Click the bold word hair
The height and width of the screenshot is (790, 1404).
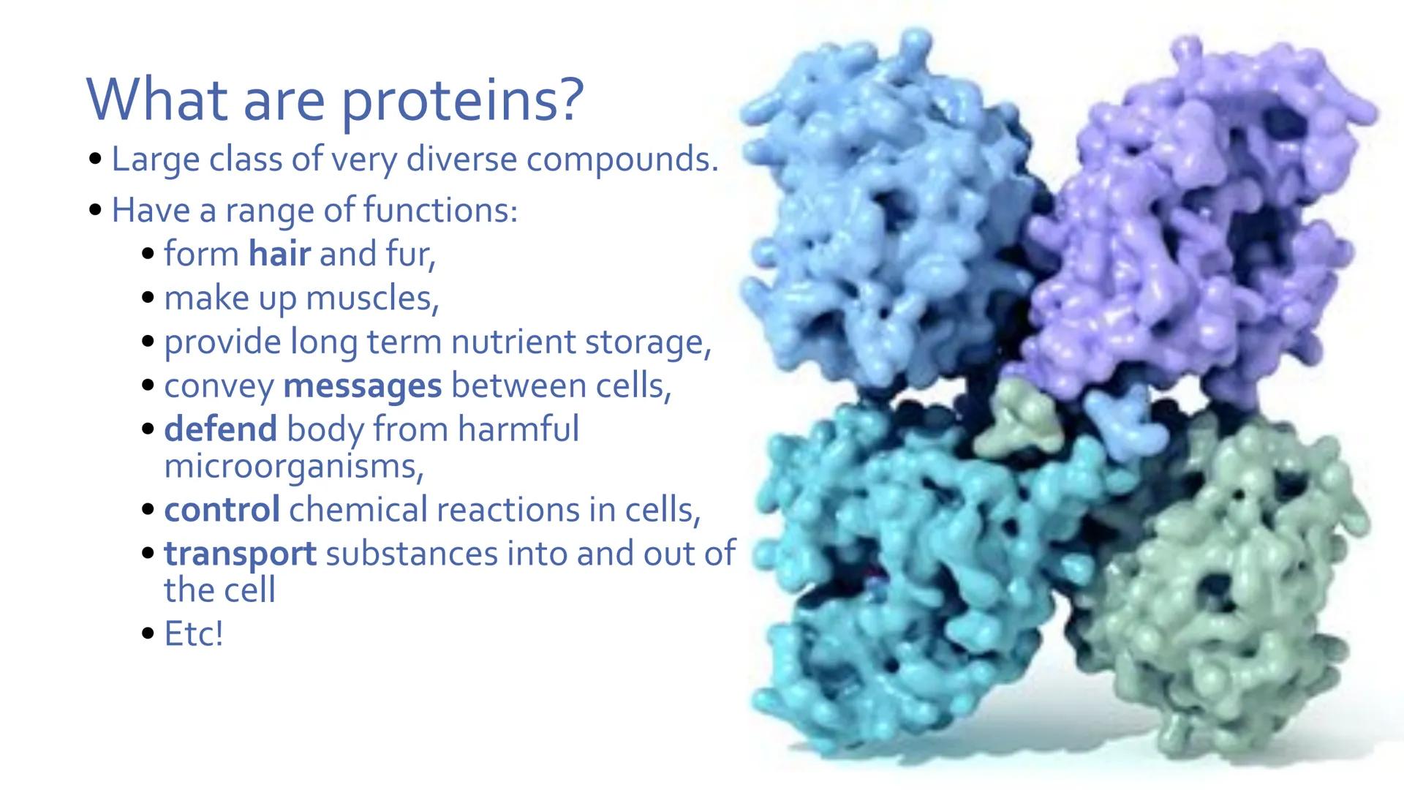pyautogui.click(x=279, y=255)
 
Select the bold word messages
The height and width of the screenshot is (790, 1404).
pyautogui.click(x=362, y=386)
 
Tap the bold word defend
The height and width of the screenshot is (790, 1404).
pyautogui.click(x=220, y=429)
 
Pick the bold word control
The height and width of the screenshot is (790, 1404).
pyautogui.click(x=222, y=510)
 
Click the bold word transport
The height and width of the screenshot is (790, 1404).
pyautogui.click(x=240, y=554)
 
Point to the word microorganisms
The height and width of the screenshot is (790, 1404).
pyautogui.click(x=292, y=466)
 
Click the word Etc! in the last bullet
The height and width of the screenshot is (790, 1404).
pyautogui.click(x=193, y=634)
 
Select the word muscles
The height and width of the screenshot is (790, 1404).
pyautogui.click(x=371, y=298)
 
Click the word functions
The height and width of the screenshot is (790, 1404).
pyautogui.click(x=439, y=211)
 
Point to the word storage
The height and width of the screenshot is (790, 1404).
pyautogui.click(x=646, y=342)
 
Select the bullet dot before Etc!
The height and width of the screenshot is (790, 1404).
pyautogui.click(x=148, y=634)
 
